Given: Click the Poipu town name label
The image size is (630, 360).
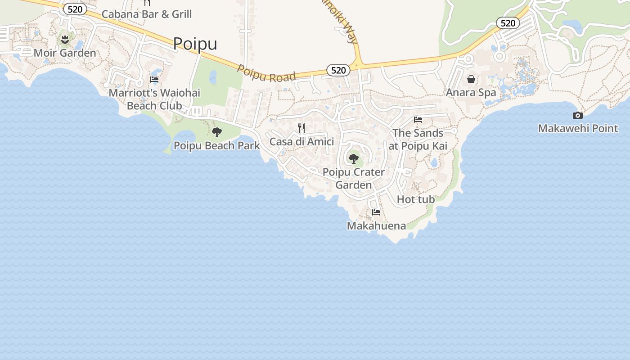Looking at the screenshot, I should click(x=195, y=44).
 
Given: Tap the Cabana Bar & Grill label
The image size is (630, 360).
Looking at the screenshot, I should click(x=147, y=14).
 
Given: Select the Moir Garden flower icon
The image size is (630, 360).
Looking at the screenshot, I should click(x=65, y=39).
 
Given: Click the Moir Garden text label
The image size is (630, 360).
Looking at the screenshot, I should click(x=65, y=53).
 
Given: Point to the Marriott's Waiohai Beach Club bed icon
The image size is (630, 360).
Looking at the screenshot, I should click(x=154, y=80).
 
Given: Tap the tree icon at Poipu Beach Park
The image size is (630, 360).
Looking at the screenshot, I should click(x=217, y=132).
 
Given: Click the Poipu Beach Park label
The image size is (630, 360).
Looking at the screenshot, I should click(x=217, y=145).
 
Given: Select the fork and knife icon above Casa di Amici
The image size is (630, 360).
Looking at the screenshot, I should click(x=301, y=128).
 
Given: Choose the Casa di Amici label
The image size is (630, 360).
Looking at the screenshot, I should click(x=301, y=142).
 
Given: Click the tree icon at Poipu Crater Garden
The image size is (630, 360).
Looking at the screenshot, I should click(x=354, y=158).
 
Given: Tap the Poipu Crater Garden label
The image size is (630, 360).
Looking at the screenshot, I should click(x=354, y=178).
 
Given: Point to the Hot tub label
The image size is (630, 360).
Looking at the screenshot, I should click(x=416, y=199).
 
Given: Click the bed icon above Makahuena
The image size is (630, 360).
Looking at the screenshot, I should click(x=376, y=212).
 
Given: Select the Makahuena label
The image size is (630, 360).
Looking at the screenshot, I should click(x=376, y=225).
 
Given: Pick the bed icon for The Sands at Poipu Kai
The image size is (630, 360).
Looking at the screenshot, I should click(x=418, y=120).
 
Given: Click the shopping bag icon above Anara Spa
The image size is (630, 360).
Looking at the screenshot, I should click(x=471, y=79).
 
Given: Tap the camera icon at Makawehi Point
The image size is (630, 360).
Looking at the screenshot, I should click(x=578, y=115).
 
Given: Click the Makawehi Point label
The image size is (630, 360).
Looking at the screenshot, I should click(x=578, y=128).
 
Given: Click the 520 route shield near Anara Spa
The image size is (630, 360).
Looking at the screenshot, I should click(x=508, y=23).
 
